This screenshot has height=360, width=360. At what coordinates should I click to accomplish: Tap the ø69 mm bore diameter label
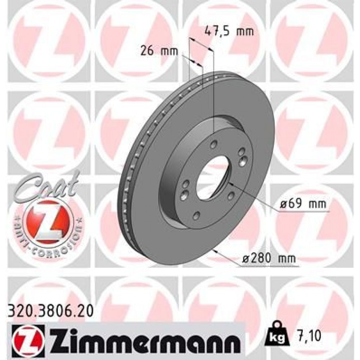[x=303, y=205]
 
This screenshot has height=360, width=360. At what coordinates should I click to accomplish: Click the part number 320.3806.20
[x=50, y=308]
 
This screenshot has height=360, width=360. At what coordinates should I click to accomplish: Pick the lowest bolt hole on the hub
[x=197, y=215]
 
